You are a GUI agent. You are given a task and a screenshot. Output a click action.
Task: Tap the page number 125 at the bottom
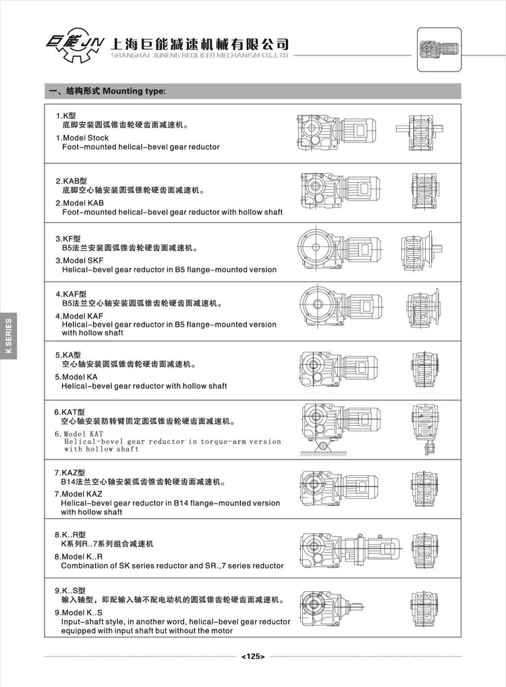[x=252, y=655]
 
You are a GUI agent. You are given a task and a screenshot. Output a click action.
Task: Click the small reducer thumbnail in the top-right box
[x=439, y=49]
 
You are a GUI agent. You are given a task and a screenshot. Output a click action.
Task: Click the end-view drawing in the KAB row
[x=424, y=189]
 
